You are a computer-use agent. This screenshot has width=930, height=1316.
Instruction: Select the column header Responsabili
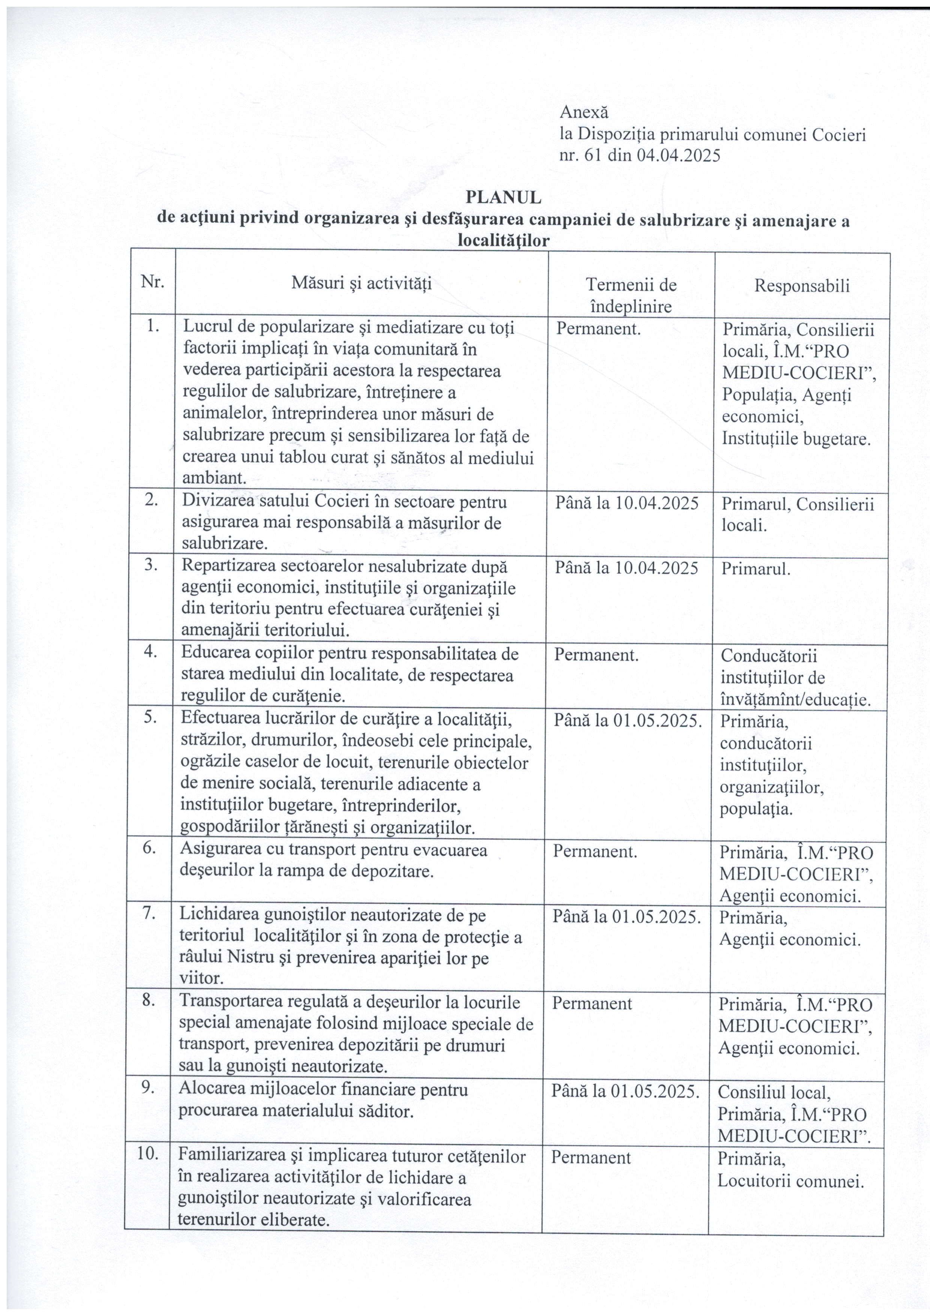(x=802, y=286)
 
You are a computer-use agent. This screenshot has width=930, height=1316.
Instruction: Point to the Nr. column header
(x=152, y=282)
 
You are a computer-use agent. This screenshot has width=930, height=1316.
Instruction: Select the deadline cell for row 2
(x=627, y=503)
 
